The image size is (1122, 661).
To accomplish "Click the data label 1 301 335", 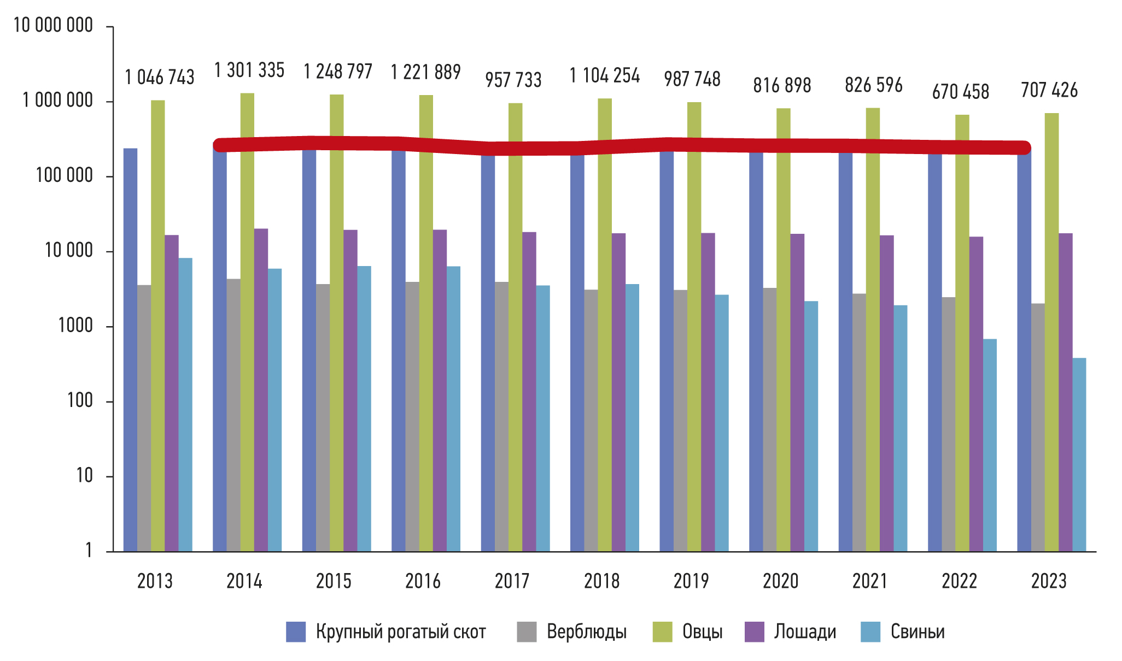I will click(249, 70).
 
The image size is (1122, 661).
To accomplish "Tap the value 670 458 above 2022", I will click(961, 92).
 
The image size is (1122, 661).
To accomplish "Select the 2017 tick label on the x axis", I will click(512, 581).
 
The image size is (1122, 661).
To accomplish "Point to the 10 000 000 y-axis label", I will click(53, 25).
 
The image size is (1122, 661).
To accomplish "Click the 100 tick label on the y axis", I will click(80, 401).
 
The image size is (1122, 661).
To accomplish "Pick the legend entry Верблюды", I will click(586, 632).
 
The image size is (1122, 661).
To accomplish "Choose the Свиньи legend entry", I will click(918, 632).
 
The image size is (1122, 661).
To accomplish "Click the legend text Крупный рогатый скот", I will click(401, 632).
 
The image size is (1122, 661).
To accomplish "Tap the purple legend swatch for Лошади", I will click(755, 632).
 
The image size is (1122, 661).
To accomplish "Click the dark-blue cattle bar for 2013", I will click(130, 350).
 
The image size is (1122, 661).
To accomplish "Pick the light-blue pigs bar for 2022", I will click(990, 445).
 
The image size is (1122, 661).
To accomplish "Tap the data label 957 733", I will click(513, 80).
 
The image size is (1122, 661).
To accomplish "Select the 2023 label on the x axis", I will click(1048, 581).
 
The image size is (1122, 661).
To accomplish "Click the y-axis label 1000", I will click(75, 326).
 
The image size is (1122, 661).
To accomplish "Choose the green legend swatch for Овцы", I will click(662, 632).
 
